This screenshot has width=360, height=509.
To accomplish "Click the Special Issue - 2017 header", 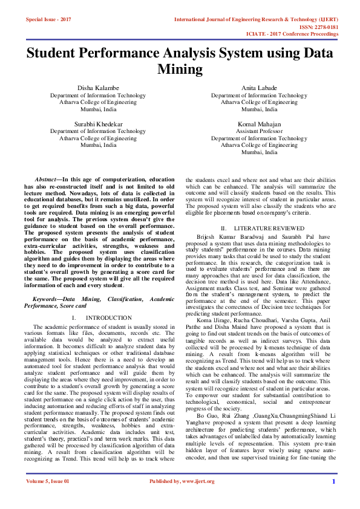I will (48, 19).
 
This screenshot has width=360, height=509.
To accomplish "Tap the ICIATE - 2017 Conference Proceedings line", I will (301, 34).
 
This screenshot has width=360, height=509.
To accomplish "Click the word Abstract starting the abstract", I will (46, 180).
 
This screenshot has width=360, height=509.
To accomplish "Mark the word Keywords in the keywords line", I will (45, 299).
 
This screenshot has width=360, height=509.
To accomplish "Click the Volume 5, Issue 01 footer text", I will (48, 498).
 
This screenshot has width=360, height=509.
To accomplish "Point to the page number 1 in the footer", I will (333, 498).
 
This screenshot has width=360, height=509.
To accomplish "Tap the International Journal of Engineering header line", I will (256, 19).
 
